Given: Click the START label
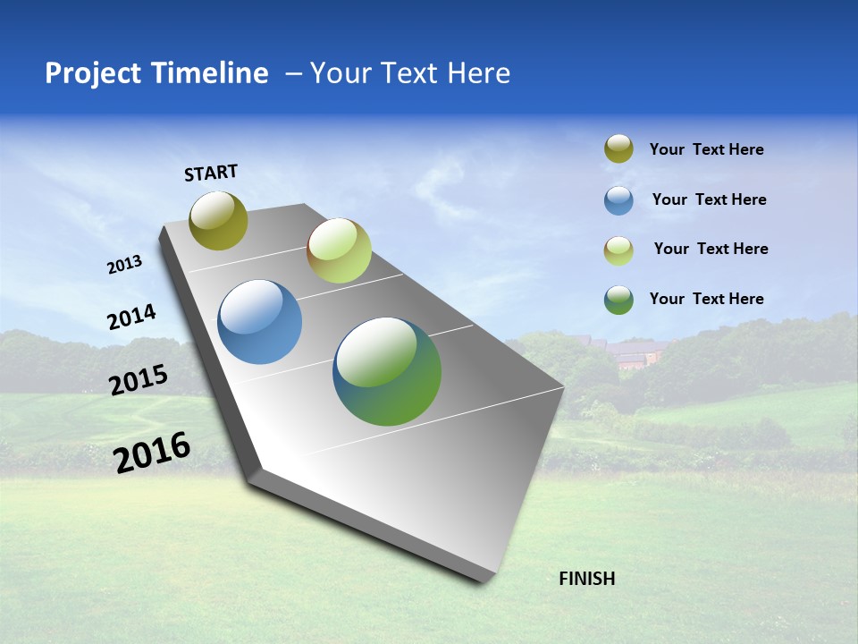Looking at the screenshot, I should coord(211,173).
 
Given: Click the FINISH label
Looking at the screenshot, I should coord(586,579).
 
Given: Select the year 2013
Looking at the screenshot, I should coord(124,265).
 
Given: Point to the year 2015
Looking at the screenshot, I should coord(139,380).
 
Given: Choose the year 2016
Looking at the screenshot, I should coord(152,453).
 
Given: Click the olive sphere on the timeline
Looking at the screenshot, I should coord(219,221).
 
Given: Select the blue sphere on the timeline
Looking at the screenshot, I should coord(259,322).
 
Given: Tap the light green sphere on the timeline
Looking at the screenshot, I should coord(339,250).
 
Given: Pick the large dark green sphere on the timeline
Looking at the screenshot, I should coord(387,371).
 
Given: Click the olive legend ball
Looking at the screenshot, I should coord(618,149).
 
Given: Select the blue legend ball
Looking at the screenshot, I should coord(618,200).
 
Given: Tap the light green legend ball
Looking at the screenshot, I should coord(618,250).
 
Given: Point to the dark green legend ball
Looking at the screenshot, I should coord(618,300).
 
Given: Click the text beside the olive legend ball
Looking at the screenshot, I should coord(706,149).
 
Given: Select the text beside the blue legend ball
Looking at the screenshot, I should coord(709,199).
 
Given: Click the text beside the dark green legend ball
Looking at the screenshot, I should coord(706,299).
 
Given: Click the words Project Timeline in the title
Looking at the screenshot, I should coord(156,73).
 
